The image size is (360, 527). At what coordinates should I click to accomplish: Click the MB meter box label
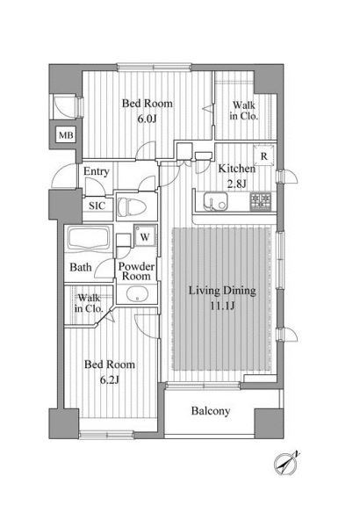pyautogui.click(x=66, y=135)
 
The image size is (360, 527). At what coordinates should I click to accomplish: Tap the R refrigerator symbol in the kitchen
pyautogui.click(x=263, y=155)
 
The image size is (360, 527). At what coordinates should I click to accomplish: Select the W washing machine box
pyautogui.click(x=145, y=236)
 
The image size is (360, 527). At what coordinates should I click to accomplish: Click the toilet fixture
pyautogui.click(x=131, y=206)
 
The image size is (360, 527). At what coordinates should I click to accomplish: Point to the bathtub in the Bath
pyautogui.click(x=89, y=239)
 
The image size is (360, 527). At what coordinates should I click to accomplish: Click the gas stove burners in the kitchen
pyautogui.click(x=261, y=201)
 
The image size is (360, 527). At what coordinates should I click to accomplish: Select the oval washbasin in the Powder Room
pyautogui.click(x=137, y=294)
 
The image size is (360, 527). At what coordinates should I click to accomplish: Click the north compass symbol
pyautogui.click(x=285, y=464)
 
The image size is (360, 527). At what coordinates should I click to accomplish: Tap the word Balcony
pyautogui.click(x=211, y=411)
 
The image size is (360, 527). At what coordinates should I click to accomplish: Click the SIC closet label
pyautogui.click(x=97, y=206)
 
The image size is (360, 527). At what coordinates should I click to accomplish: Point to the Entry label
pyautogui.click(x=96, y=171)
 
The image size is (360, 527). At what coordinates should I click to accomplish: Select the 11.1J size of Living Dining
pyautogui.click(x=222, y=307)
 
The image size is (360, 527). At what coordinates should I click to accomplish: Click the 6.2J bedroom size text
pyautogui.click(x=110, y=379)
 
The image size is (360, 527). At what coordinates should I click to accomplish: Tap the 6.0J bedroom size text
pyautogui.click(x=147, y=119)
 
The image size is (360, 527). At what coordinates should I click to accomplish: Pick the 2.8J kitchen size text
pyautogui.click(x=237, y=184)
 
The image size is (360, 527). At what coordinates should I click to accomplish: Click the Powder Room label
pyautogui.click(x=136, y=271)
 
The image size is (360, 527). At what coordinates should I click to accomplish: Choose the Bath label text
pyautogui.click(x=80, y=268)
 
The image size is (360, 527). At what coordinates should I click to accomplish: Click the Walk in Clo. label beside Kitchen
pyautogui.click(x=244, y=111)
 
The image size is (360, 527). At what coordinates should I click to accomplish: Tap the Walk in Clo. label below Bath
pyautogui.click(x=89, y=303)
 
